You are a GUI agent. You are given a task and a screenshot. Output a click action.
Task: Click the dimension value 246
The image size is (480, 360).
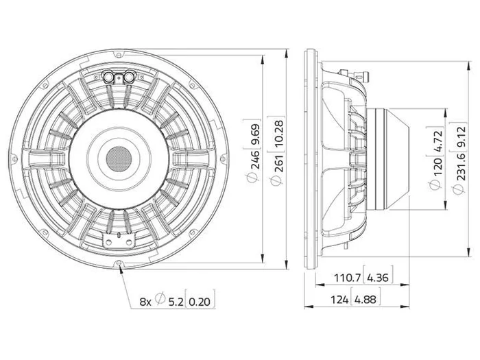point(254,159)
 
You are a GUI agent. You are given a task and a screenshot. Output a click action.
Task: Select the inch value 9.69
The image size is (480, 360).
point(254,134)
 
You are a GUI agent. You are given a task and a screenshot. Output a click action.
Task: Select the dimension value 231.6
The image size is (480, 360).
point(460,166)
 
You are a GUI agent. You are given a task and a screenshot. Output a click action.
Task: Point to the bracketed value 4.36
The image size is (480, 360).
point(377,278)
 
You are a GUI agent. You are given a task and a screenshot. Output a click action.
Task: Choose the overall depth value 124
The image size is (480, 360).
point(339,299)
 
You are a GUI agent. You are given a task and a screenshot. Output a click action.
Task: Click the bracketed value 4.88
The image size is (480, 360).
point(365,299)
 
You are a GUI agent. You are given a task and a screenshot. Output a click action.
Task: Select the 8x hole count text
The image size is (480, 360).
point(145,302)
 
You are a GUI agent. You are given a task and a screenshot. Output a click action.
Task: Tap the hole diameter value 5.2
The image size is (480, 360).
point(176,302)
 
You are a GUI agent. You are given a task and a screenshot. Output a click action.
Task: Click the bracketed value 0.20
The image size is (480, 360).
point(200,302)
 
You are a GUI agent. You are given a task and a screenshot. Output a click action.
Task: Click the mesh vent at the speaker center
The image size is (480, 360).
point(119,159)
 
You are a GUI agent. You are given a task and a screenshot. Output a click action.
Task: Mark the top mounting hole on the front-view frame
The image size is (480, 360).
point(119,55)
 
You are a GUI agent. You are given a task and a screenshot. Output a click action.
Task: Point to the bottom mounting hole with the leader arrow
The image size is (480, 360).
point(119,263)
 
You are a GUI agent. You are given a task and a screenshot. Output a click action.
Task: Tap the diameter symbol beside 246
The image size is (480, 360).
point(252,177)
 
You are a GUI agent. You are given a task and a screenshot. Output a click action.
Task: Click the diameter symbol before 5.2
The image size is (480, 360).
point(160,298)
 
